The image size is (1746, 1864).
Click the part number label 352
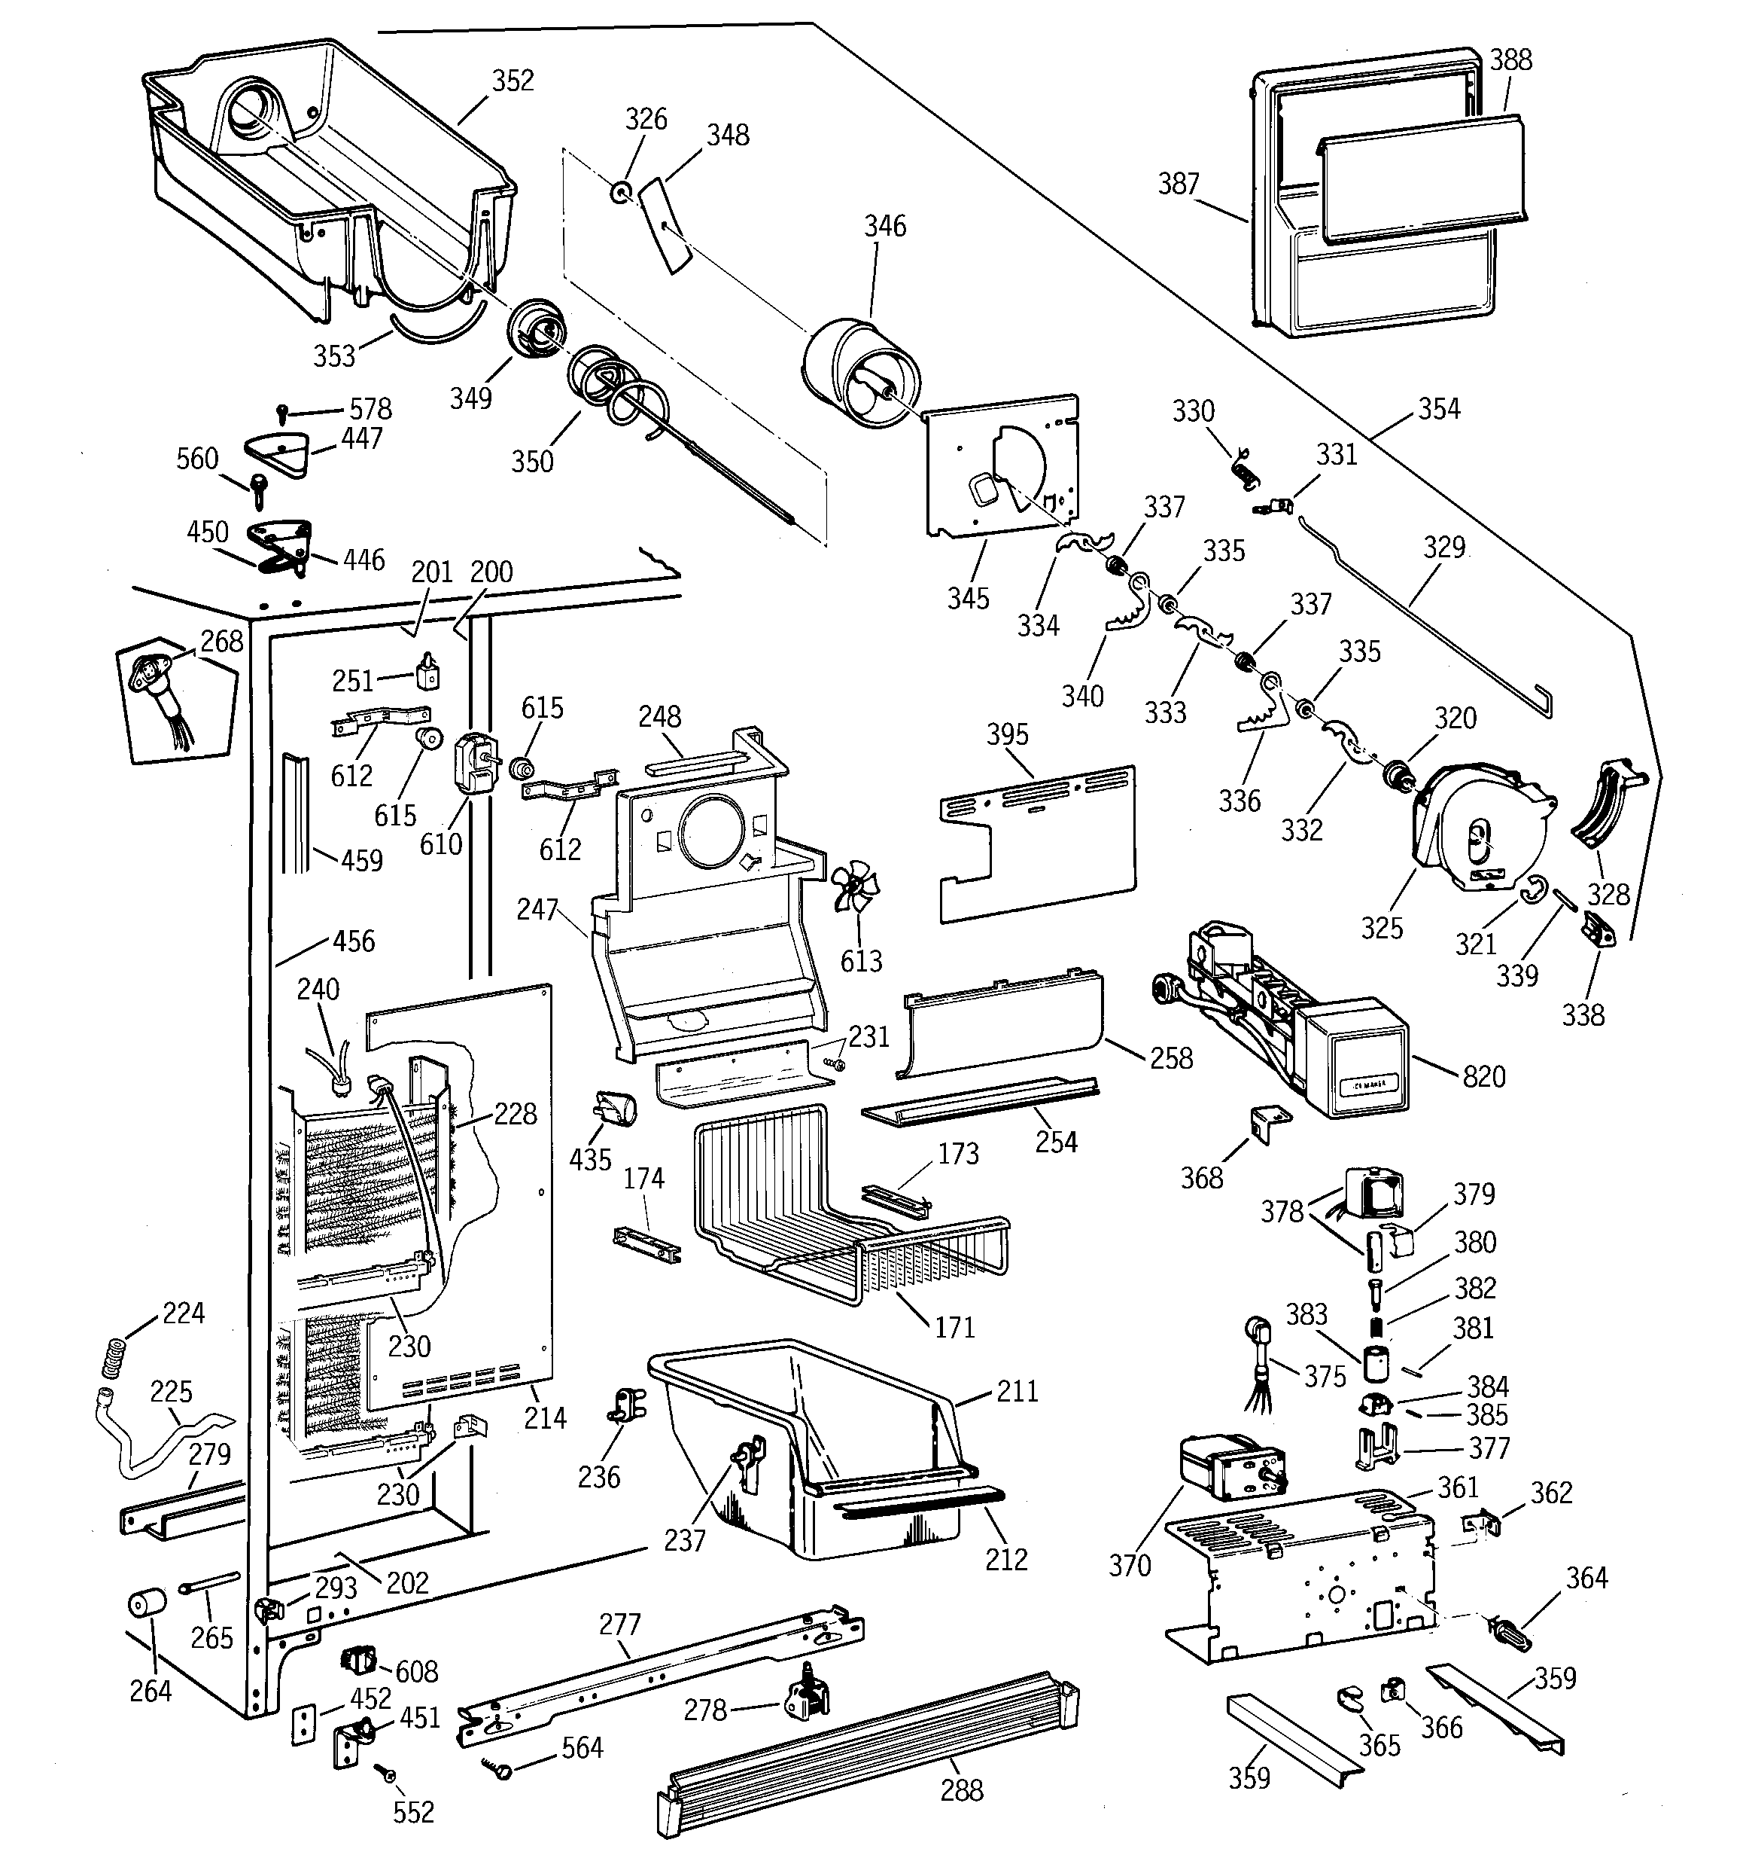[513, 81]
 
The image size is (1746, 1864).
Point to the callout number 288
[962, 1790]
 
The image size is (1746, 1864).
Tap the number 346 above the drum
[885, 226]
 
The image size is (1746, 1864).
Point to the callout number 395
[1008, 734]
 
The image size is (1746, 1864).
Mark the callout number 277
[619, 1624]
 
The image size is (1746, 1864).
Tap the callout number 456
[353, 941]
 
